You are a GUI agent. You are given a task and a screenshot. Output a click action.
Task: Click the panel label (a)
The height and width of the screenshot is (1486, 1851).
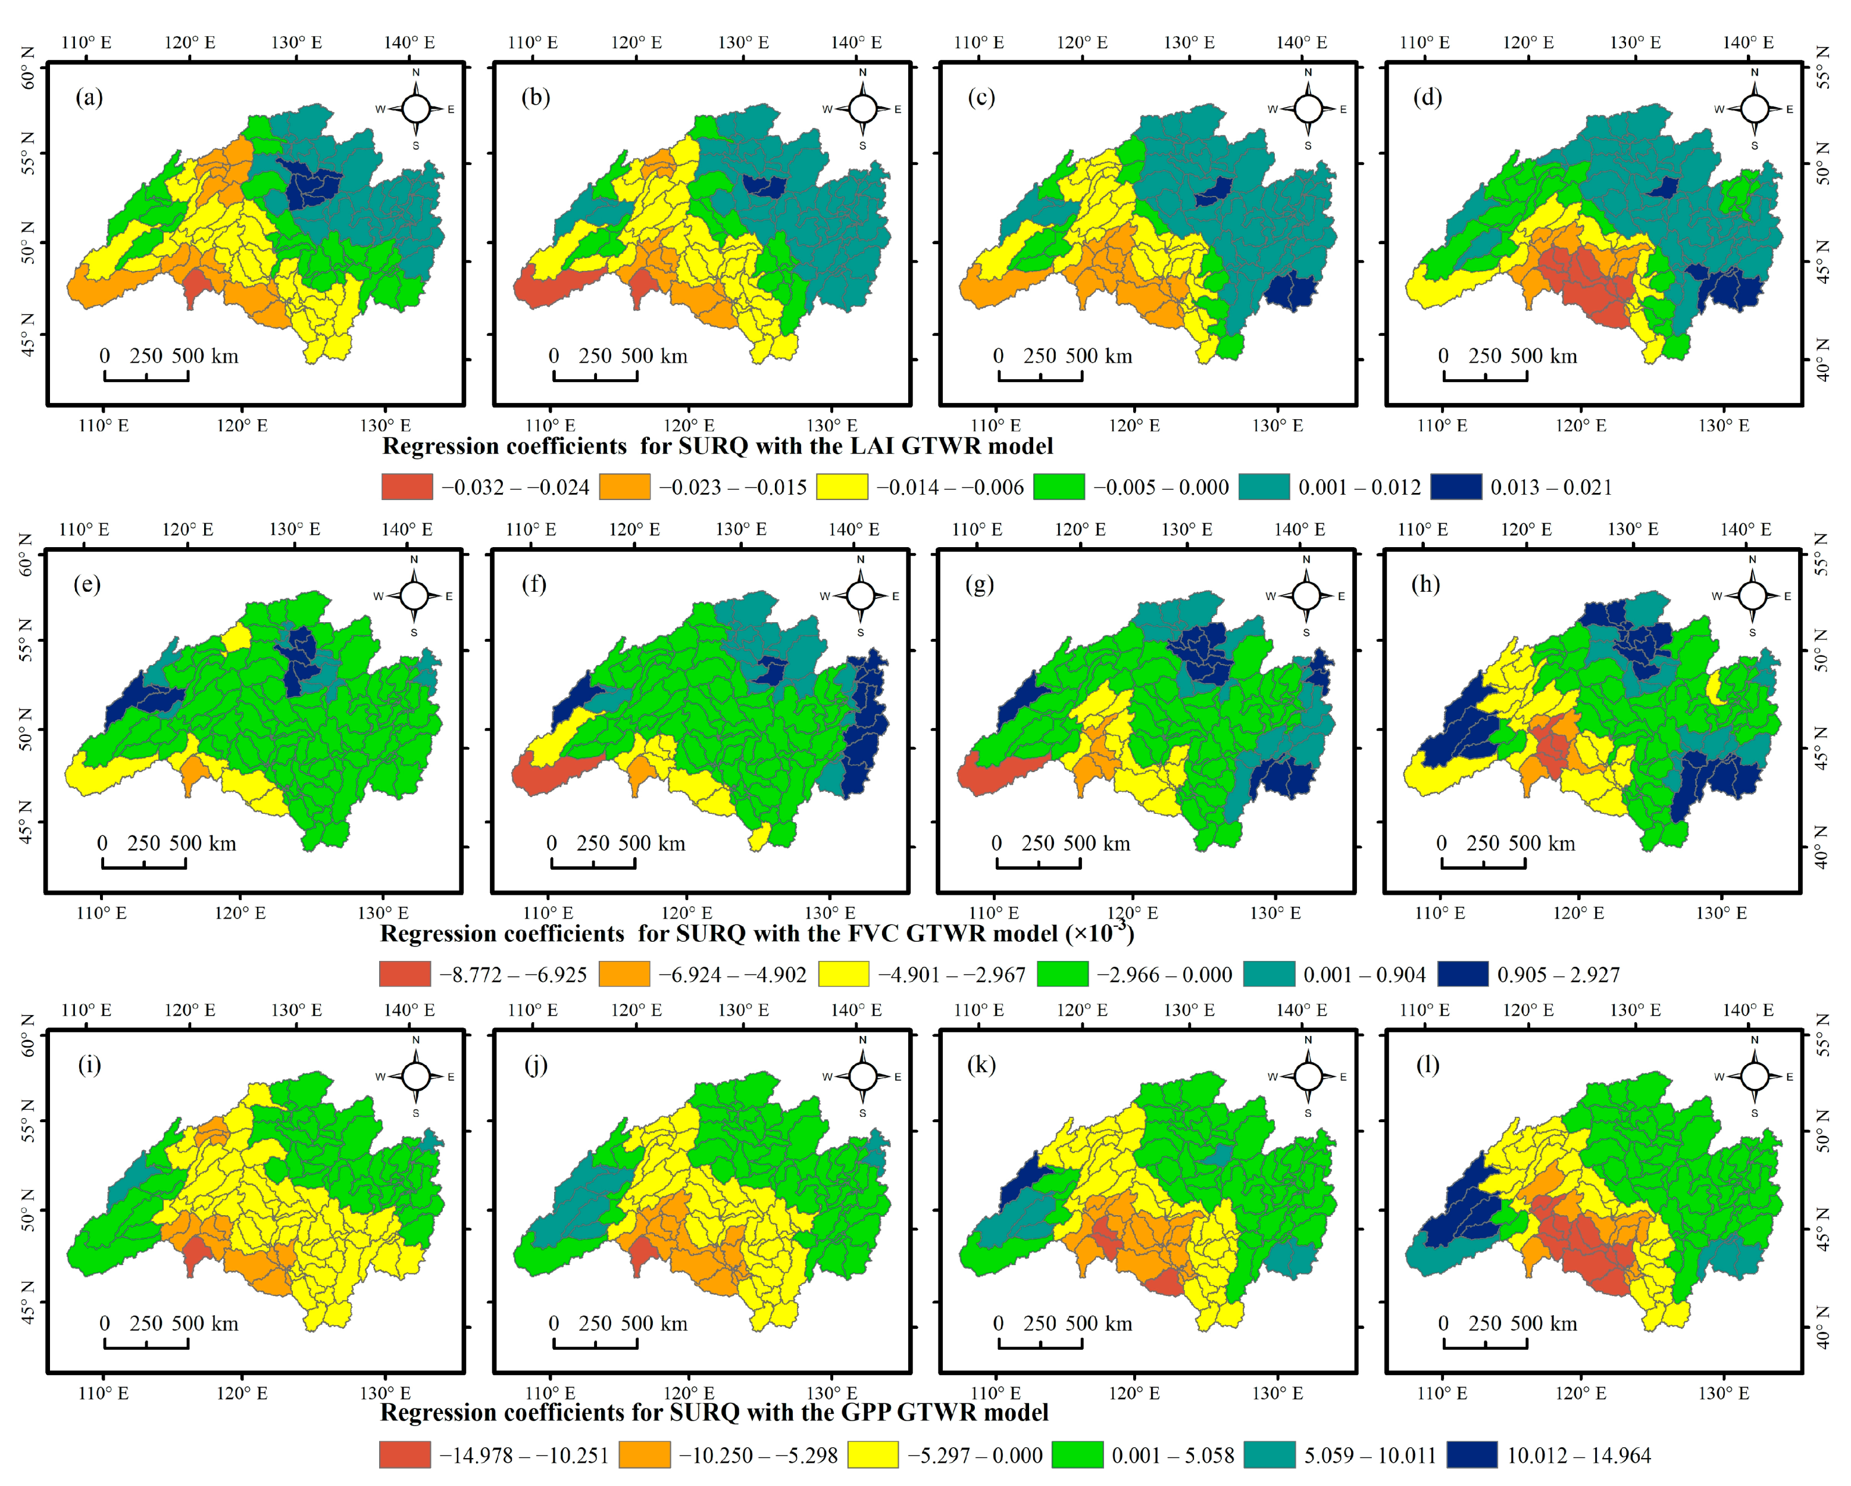(89, 97)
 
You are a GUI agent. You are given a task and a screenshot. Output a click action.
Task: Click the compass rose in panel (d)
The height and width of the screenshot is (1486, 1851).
(1754, 109)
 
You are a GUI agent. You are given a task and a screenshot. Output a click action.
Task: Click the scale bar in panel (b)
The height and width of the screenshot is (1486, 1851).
(595, 375)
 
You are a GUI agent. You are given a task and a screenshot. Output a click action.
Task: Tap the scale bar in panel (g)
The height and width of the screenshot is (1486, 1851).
(1038, 863)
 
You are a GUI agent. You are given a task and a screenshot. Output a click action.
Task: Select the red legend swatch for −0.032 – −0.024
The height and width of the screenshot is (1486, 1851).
(407, 487)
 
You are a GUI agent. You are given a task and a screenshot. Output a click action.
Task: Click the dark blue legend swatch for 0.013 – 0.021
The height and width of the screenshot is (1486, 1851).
(1455, 487)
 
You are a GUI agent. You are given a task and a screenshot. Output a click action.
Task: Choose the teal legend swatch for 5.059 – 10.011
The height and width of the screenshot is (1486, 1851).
(1269, 1455)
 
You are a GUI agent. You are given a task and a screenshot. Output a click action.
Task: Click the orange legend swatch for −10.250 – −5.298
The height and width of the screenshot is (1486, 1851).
(644, 1455)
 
